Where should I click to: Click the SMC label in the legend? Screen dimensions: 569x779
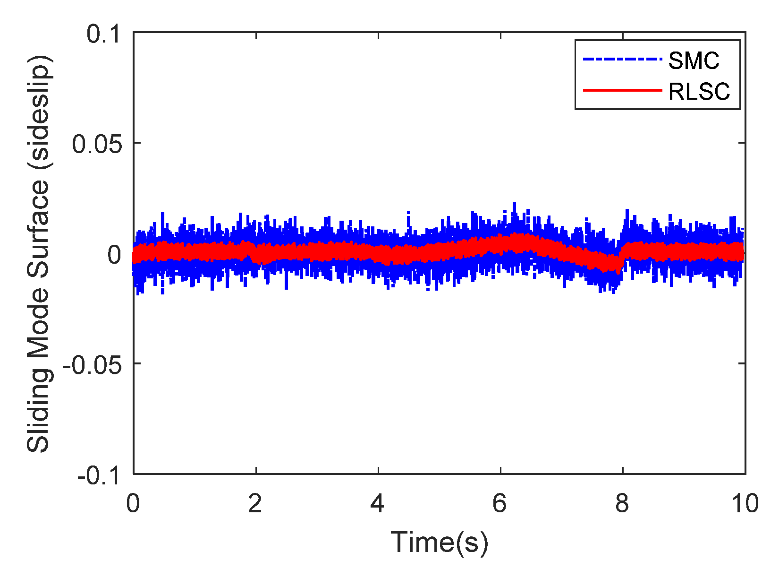point(694,60)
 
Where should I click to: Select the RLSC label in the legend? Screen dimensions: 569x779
point(699,91)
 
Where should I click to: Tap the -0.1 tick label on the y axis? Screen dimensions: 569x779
point(99,474)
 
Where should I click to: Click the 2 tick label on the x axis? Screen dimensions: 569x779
point(255,504)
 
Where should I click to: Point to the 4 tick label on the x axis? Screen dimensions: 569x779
point(377,504)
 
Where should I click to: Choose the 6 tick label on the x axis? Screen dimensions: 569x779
point(500,504)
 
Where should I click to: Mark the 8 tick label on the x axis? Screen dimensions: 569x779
point(622,504)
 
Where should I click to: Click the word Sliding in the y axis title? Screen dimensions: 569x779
point(38,417)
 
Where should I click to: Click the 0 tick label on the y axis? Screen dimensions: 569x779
point(115,255)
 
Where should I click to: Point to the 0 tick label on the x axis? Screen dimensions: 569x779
point(134,504)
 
